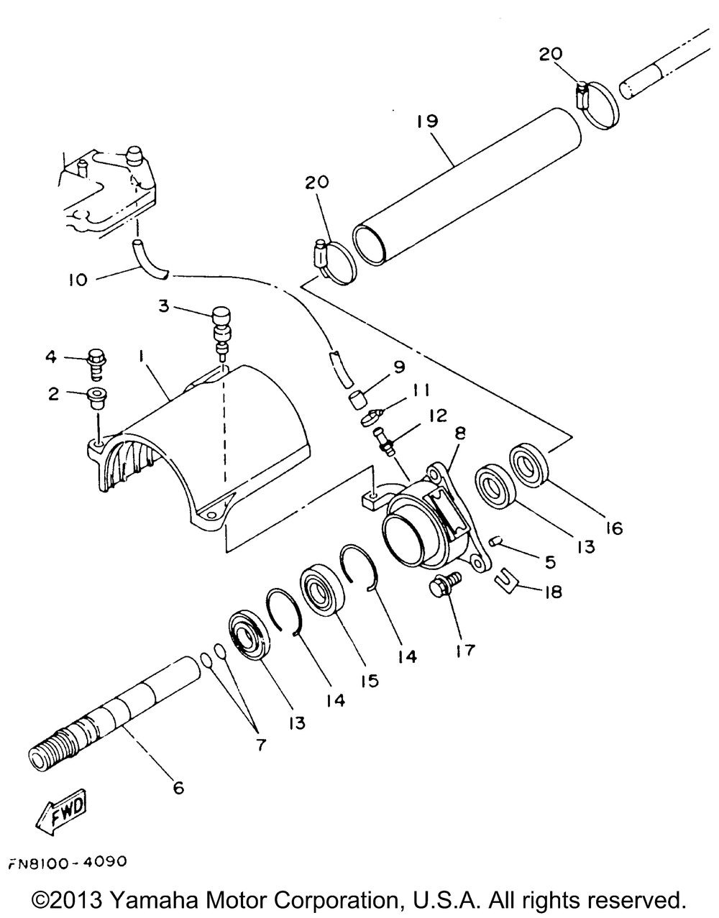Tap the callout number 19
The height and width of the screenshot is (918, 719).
[426, 121]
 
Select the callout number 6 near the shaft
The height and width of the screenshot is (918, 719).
[178, 788]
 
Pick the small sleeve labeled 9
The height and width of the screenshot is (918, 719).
[358, 399]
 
